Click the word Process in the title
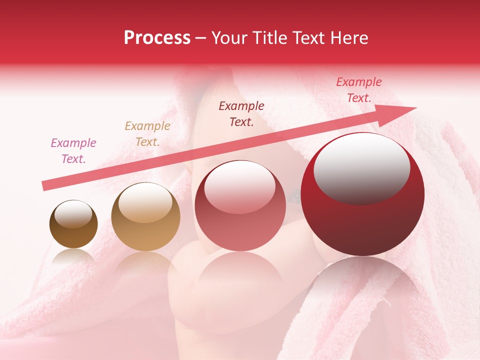point(157,38)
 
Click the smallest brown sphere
point(73,224)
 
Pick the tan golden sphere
point(145,216)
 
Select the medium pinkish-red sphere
point(240,205)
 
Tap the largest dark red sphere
point(362,194)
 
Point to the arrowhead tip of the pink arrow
point(416,107)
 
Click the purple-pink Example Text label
point(73,150)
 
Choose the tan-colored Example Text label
point(147,133)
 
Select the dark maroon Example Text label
point(241,113)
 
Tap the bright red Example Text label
point(358,90)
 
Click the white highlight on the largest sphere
point(361,168)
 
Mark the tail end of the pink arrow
point(44,186)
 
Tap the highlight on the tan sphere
point(145,202)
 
